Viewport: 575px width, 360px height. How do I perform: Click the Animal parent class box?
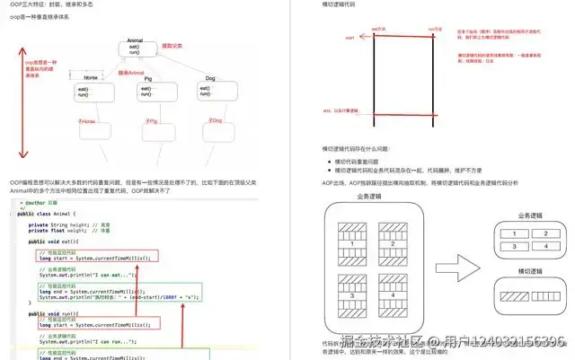coord(136,52)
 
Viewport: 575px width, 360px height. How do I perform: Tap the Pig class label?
coord(148,77)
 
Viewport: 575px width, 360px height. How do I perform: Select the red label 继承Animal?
coord(131,72)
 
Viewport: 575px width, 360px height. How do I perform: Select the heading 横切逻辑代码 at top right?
coord(343,4)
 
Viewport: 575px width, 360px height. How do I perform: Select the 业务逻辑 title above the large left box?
coord(372,195)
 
